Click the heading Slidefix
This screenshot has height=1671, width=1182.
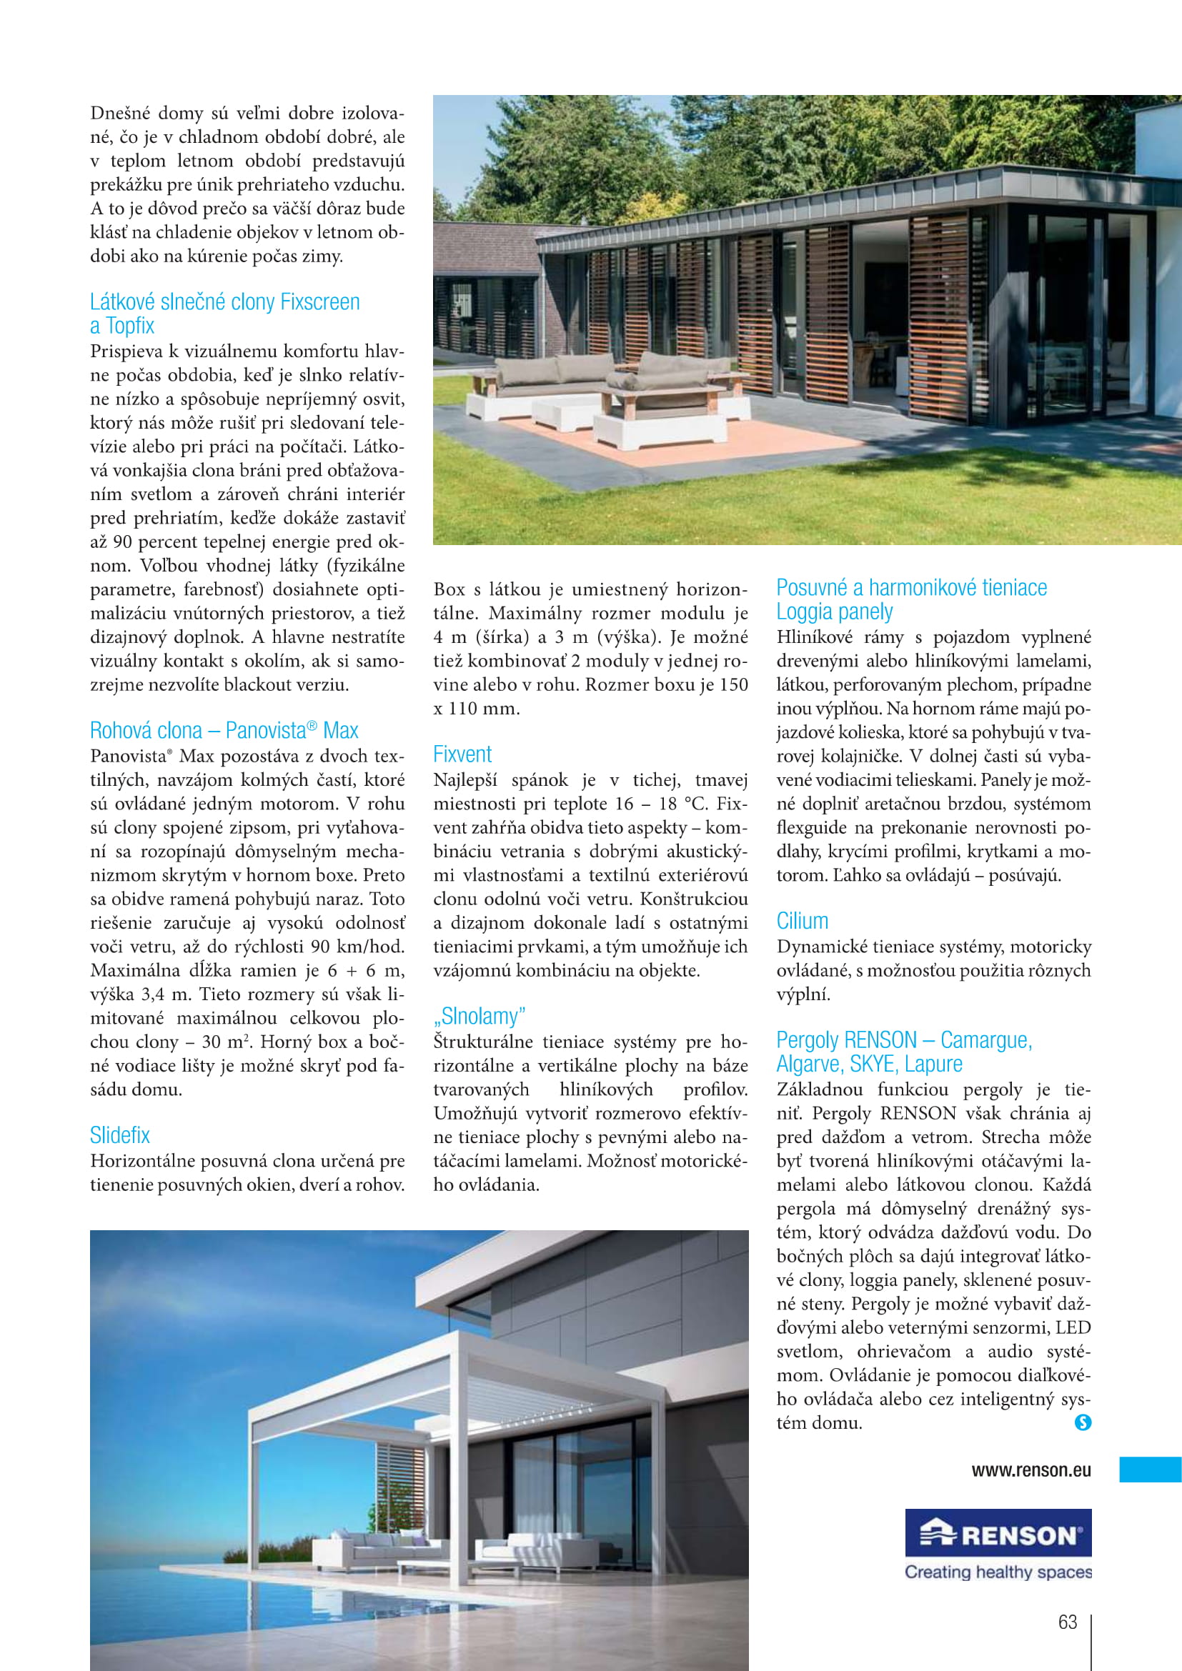pyautogui.click(x=120, y=1135)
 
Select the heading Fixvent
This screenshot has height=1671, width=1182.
pyautogui.click(x=462, y=754)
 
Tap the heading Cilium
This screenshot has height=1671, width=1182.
pyautogui.click(x=802, y=921)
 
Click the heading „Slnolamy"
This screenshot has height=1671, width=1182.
pyautogui.click(x=479, y=1016)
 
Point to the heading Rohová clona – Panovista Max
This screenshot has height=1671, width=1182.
pyautogui.click(x=224, y=730)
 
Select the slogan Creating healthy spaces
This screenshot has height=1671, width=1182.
pyautogui.click(x=998, y=1572)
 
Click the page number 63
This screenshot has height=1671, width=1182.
pyautogui.click(x=1067, y=1622)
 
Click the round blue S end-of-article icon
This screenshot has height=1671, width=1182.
pyautogui.click(x=1083, y=1422)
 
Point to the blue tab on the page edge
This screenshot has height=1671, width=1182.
pyautogui.click(x=1150, y=1470)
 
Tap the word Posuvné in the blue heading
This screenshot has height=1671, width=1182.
pyautogui.click(x=812, y=588)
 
